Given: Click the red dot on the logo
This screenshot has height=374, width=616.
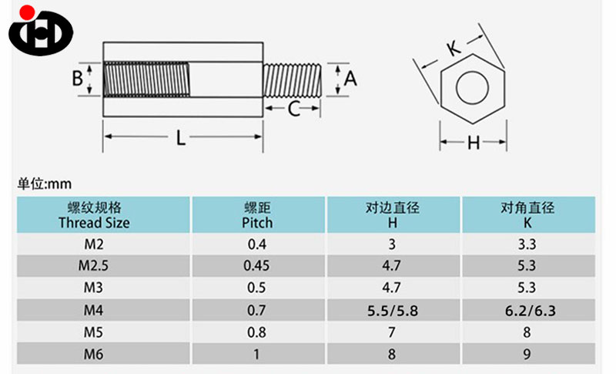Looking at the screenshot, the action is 27,12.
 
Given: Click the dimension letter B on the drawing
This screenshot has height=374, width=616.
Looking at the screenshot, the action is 78,78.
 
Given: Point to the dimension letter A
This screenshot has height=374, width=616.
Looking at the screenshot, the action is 350,79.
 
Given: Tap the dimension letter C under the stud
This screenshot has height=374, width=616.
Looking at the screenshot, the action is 293,109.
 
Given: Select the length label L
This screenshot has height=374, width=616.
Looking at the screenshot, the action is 181,138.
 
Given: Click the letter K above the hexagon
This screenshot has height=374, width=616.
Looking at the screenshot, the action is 454,49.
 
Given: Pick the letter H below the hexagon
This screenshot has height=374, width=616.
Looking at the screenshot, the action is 474,143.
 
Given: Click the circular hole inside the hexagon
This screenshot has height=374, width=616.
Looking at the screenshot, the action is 472,88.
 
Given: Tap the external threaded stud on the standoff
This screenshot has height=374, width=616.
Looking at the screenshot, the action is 293,80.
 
